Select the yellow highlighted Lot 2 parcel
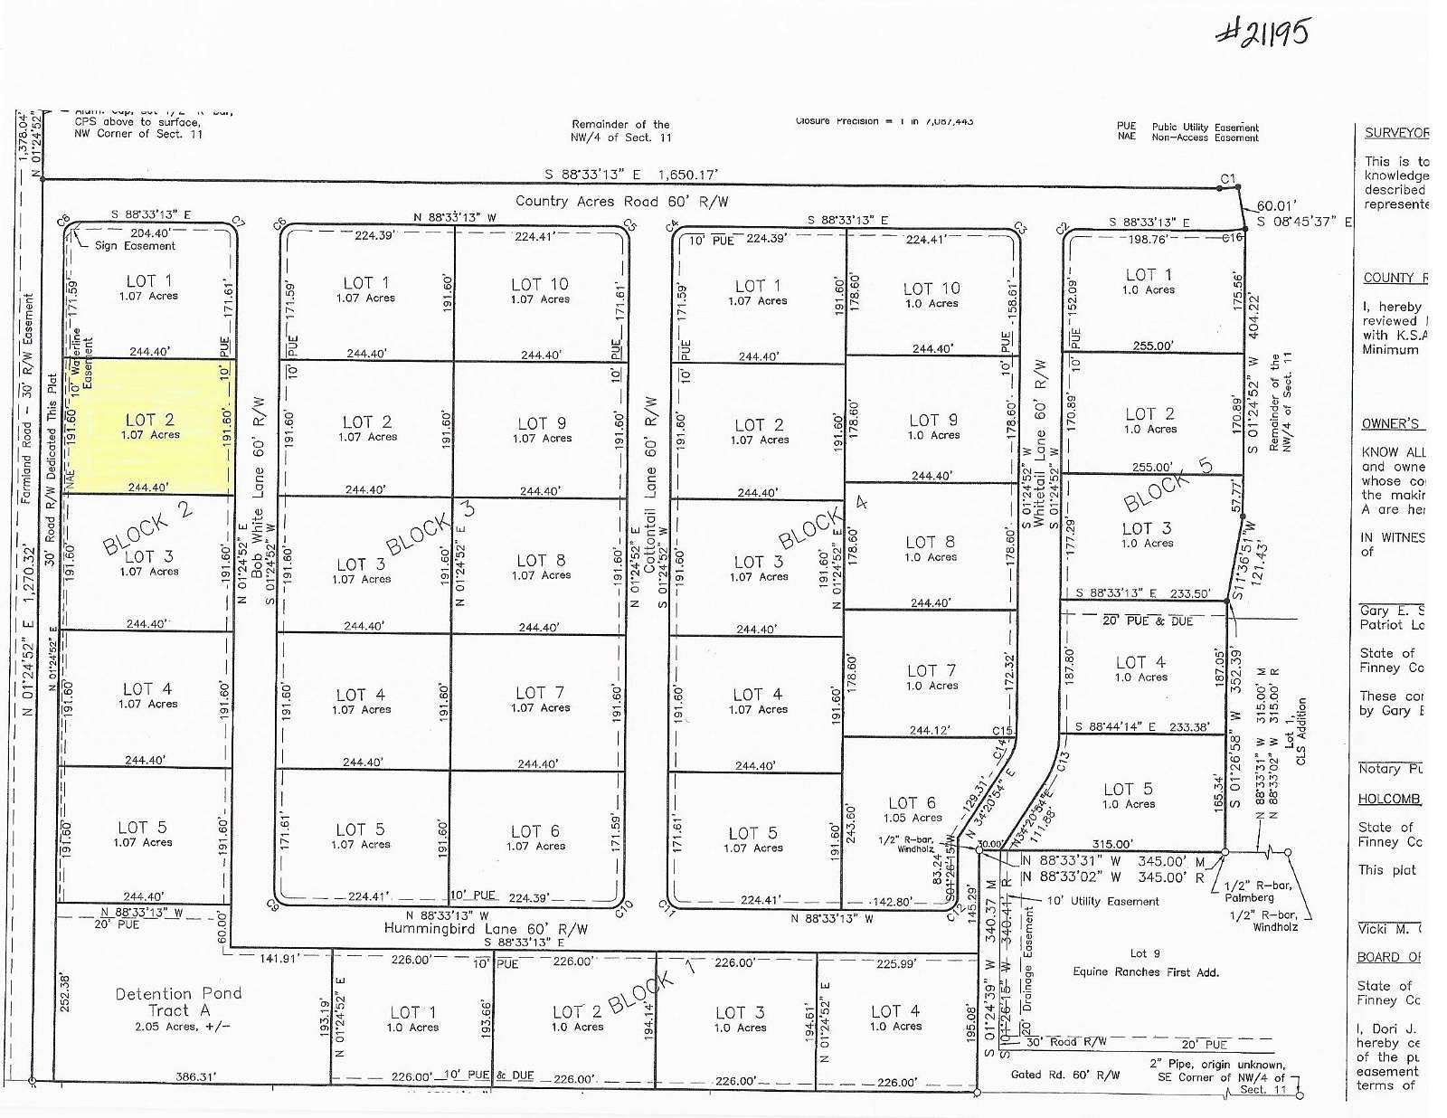point(149,426)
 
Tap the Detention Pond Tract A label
point(178,1001)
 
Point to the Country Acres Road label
point(621,202)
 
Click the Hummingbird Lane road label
point(486,928)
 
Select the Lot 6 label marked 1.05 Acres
point(913,809)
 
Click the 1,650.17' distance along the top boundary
point(688,174)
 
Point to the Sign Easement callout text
point(135,245)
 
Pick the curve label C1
point(1227,179)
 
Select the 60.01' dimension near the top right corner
point(1275,205)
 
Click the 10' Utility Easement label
point(1102,901)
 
